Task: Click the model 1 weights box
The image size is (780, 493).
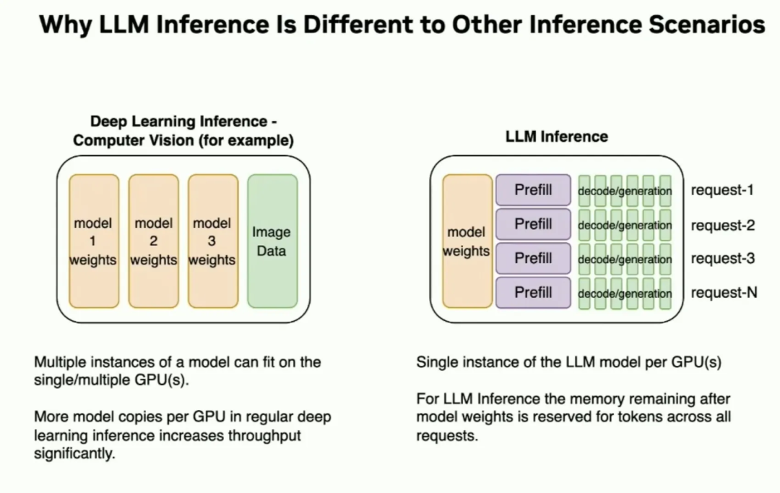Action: coord(94,241)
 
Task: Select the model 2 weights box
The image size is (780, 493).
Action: coord(154,241)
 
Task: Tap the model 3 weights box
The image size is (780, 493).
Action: coord(213,241)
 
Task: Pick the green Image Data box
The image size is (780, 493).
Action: coord(272,241)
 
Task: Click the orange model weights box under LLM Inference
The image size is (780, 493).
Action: coord(467,241)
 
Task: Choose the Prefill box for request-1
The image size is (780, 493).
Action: coord(533,189)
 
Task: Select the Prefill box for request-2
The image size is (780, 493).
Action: coord(533,224)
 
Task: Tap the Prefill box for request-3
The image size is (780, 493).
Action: coord(533,258)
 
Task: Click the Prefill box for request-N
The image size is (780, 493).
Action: coord(533,292)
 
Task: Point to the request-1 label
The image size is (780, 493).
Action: coord(722,189)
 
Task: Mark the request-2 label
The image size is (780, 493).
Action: coord(723,225)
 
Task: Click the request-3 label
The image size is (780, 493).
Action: coord(723,259)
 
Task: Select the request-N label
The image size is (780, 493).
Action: coord(724,292)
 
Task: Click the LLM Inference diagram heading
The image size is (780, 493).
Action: coord(557,137)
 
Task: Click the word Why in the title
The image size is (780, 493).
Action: coord(65,25)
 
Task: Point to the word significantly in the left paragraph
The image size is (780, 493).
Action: coord(74,454)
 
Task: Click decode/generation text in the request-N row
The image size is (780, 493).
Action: coord(625,293)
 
